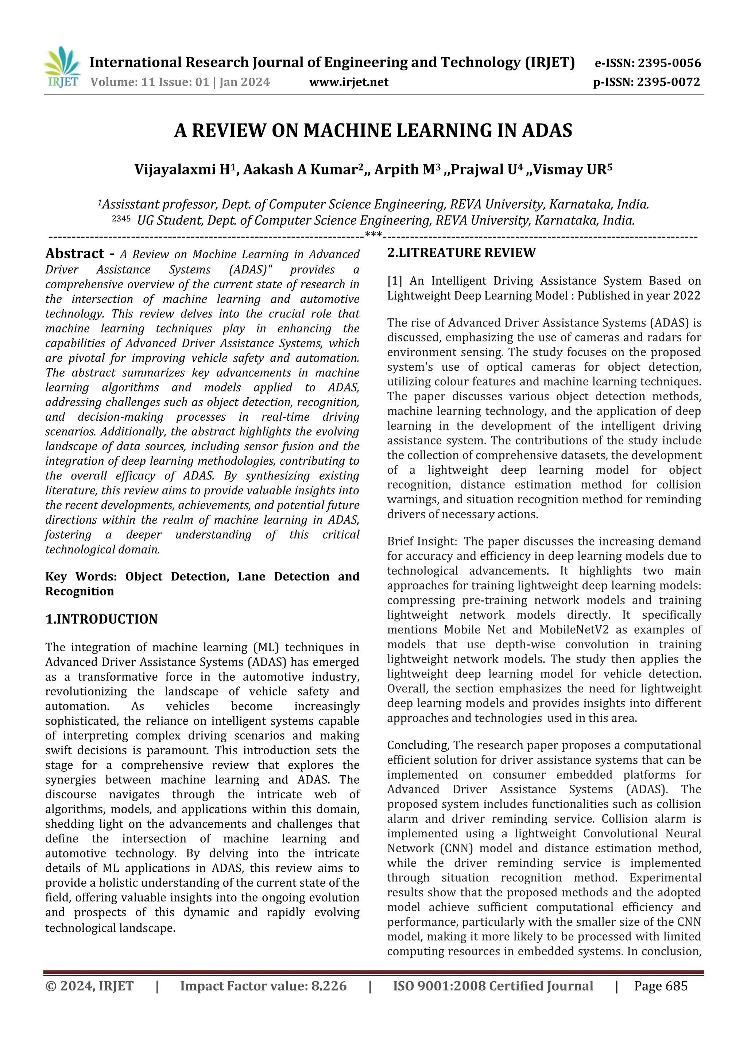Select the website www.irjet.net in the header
[x=348, y=82]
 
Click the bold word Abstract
[x=74, y=254]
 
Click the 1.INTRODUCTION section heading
[x=101, y=619]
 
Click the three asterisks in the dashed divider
[x=373, y=235]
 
